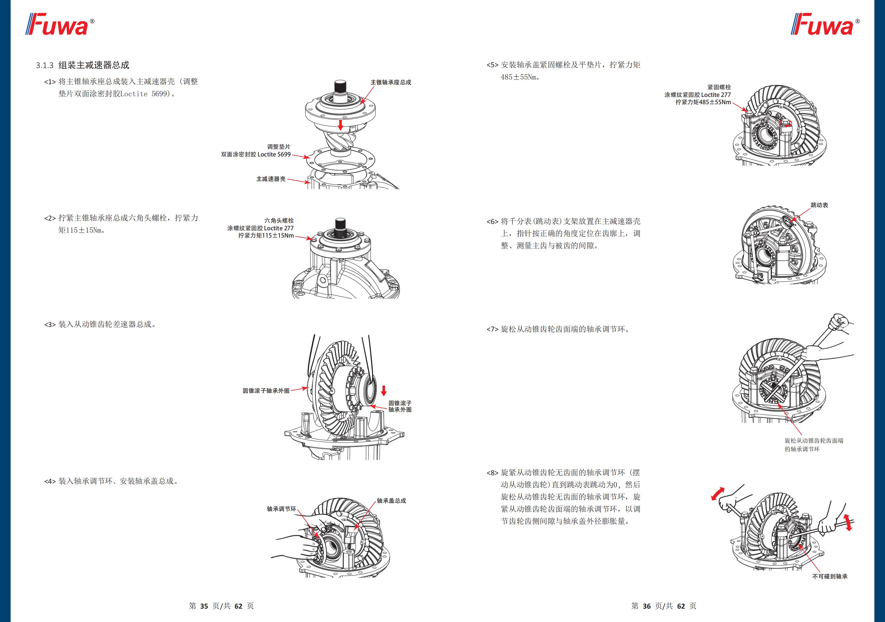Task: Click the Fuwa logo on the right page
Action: tap(825, 25)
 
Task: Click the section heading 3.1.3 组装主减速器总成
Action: tap(83, 65)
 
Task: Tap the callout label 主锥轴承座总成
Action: tap(390, 82)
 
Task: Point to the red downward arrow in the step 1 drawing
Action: tap(340, 125)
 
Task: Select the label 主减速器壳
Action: tap(271, 179)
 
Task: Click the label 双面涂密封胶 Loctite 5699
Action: tap(256, 154)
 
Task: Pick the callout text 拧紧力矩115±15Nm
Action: tap(266, 235)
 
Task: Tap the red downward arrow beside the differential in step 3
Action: tap(383, 391)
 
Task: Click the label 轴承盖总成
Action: tap(391, 500)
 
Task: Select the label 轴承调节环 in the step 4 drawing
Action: tap(281, 509)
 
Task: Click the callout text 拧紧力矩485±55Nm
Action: tap(703, 102)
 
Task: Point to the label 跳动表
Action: tap(819, 205)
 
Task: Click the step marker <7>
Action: tap(492, 329)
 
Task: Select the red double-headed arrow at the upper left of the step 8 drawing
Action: tap(718, 493)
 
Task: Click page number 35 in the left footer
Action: tap(204, 606)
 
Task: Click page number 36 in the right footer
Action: tap(647, 606)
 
